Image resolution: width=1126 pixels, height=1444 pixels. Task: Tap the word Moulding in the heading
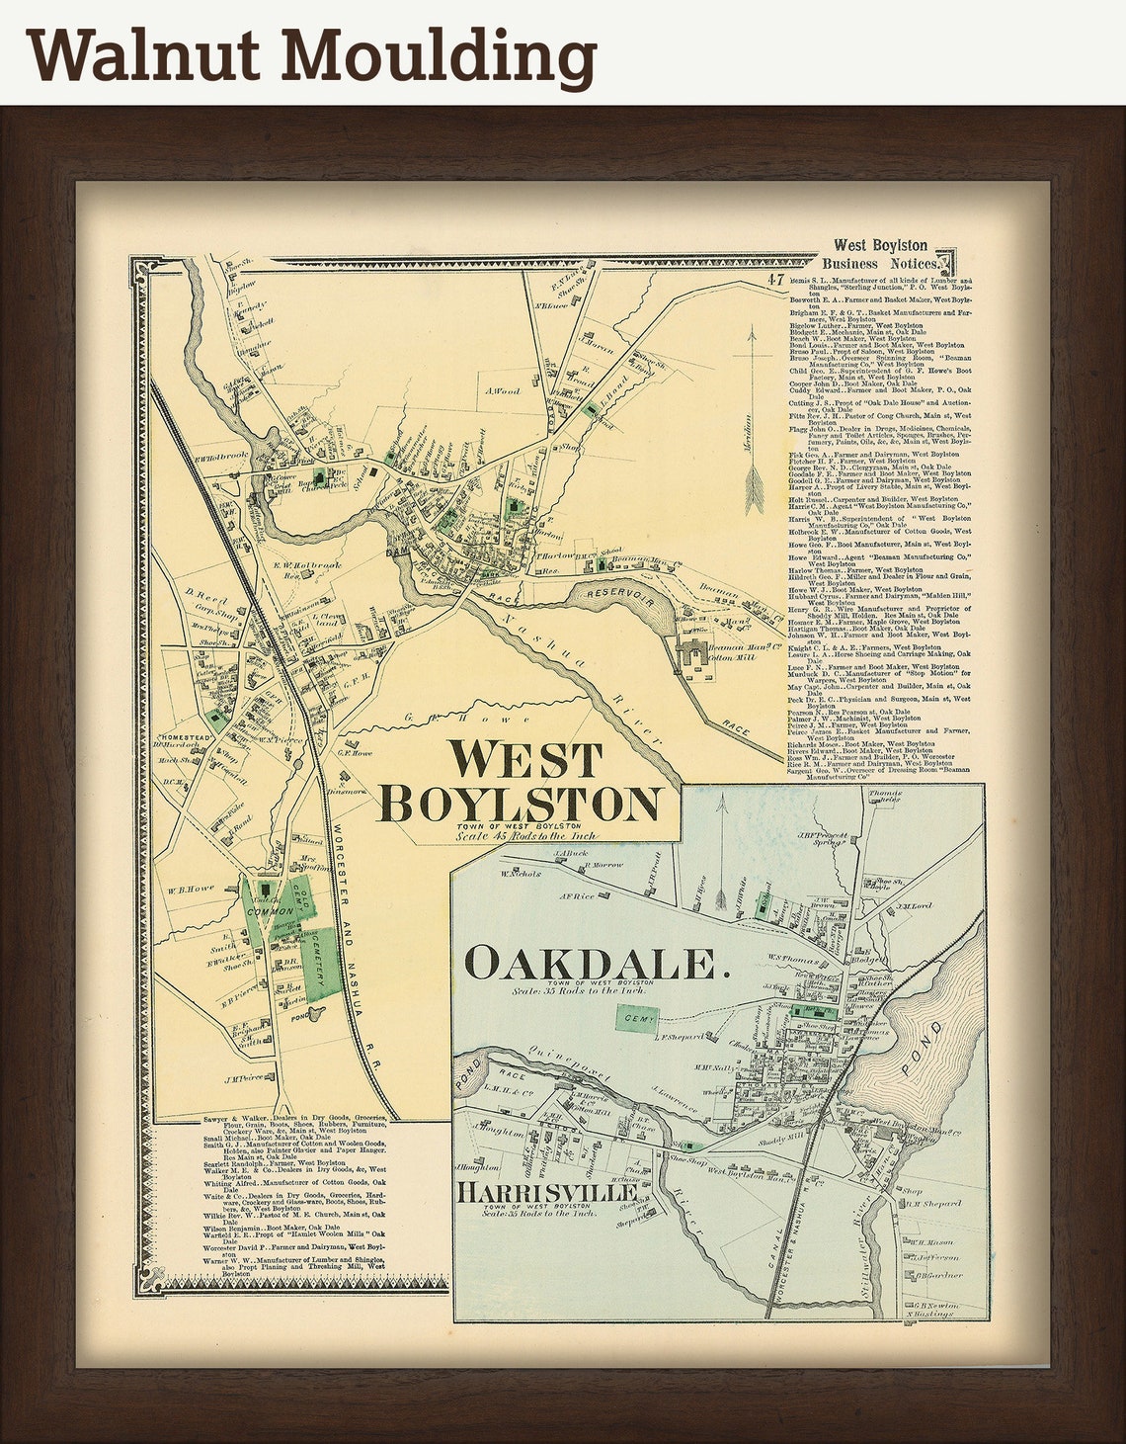[440, 57]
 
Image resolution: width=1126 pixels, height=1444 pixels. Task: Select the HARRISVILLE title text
[546, 1193]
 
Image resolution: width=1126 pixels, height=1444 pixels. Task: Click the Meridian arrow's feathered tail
[755, 490]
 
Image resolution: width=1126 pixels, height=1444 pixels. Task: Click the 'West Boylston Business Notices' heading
[880, 254]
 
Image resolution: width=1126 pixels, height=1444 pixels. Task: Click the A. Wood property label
[501, 391]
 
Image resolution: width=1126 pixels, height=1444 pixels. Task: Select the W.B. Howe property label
[190, 889]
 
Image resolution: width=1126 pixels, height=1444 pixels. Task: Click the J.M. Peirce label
[247, 1078]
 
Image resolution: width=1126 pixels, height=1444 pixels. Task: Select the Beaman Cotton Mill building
[703, 655]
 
